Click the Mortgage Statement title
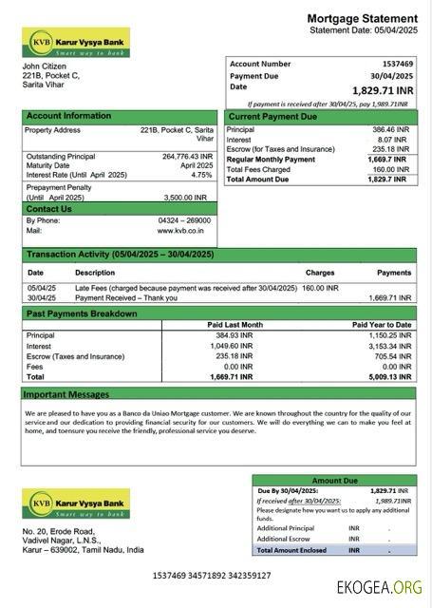[362, 19]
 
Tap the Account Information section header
[68, 116]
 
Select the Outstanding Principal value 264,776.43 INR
[187, 156]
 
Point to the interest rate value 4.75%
[201, 175]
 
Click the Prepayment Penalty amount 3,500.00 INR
[189, 197]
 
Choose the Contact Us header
[49, 209]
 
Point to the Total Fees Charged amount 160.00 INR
[391, 169]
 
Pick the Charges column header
[319, 273]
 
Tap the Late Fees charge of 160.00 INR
[320, 287]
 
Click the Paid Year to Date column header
[382, 325]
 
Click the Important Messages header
[66, 393]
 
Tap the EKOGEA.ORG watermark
[379, 587]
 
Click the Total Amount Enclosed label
[291, 549]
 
